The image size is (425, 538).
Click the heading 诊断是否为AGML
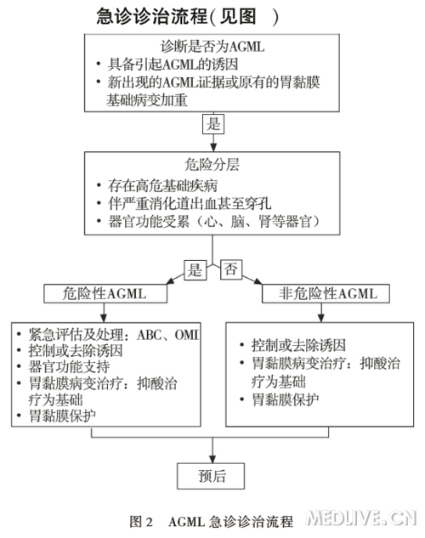(212, 46)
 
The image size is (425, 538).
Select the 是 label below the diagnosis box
(213, 124)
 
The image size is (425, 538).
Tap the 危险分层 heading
(212, 164)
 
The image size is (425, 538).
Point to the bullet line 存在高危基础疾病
(162, 185)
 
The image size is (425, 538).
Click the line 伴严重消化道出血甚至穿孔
(190, 203)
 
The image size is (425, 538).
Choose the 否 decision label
(231, 269)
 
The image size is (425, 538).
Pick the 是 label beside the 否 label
(195, 270)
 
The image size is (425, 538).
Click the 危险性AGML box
(105, 294)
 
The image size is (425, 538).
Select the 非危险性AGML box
(326, 294)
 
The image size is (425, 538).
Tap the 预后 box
(211, 476)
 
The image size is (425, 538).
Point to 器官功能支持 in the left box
(69, 367)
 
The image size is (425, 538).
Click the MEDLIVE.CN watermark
(361, 518)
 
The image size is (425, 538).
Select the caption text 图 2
(141, 522)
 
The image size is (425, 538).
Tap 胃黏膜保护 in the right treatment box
(285, 399)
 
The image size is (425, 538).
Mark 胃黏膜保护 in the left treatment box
(62, 416)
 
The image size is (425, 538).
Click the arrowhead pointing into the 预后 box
(212, 459)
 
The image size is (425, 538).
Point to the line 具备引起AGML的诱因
(173, 64)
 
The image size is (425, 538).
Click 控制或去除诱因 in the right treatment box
(298, 345)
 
